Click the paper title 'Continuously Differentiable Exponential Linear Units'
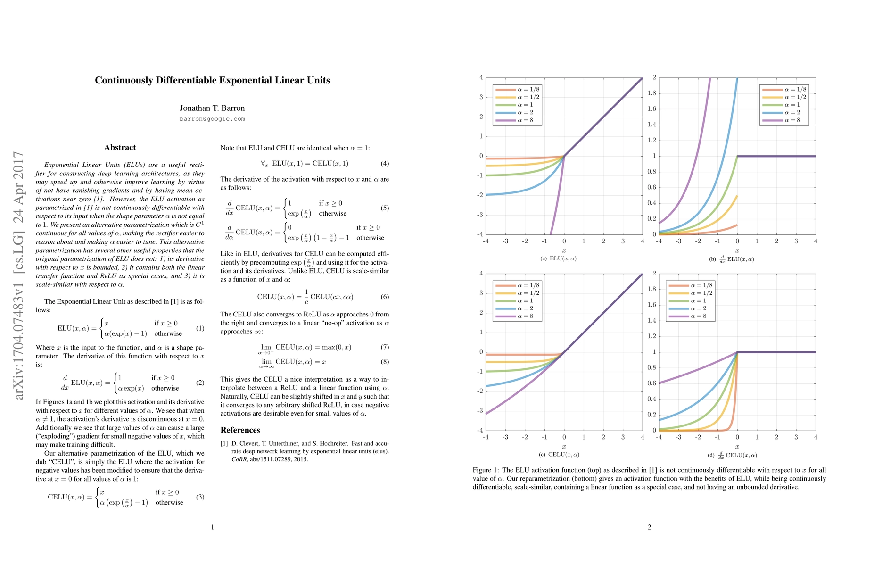pyautogui.click(x=212, y=80)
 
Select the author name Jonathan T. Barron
pyautogui.click(x=212, y=108)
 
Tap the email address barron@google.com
pyautogui.click(x=212, y=119)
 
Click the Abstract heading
pyautogui.click(x=120, y=148)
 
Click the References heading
pyautogui.click(x=240, y=430)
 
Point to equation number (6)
pyautogui.click(x=385, y=297)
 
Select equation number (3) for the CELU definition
pyautogui.click(x=200, y=497)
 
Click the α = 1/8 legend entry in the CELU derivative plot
pyautogui.click(x=691, y=285)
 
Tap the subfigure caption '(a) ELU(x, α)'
pyautogui.click(x=558, y=258)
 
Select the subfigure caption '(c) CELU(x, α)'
pyautogui.click(x=559, y=455)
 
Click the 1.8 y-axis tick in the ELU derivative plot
pyautogui.click(x=651, y=93)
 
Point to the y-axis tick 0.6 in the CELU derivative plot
pyautogui.click(x=651, y=383)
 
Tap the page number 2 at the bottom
pyautogui.click(x=649, y=527)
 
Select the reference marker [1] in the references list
pyautogui.click(x=224, y=443)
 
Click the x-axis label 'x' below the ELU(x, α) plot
pyautogui.click(x=564, y=250)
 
